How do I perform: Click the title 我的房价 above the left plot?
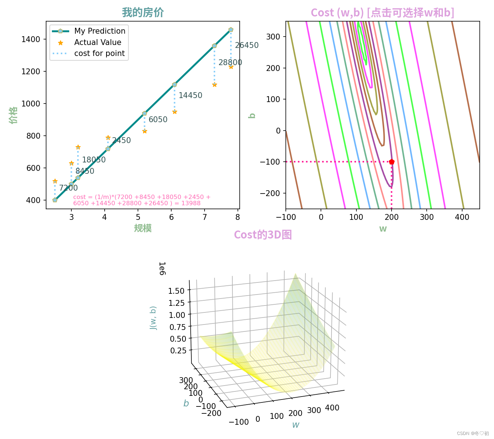tap(143, 13)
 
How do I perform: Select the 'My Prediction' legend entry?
tap(100, 31)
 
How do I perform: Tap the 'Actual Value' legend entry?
tap(97, 42)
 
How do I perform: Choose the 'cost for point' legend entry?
tap(99, 53)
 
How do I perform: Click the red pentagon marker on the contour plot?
tap(392, 162)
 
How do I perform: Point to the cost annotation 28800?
tap(230, 63)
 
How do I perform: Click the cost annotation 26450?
tap(247, 45)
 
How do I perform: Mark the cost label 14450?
tap(190, 95)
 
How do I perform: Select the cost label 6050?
tap(158, 120)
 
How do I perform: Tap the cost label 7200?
tap(68, 188)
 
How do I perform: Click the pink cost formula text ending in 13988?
tap(142, 200)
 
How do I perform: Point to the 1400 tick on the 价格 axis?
tap(31, 40)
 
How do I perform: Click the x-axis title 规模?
tap(143, 228)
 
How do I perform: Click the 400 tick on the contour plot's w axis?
tap(462, 217)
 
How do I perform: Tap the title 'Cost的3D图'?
tap(263, 235)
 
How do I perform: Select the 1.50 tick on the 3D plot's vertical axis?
tap(176, 291)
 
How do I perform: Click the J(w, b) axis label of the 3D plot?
tap(153, 318)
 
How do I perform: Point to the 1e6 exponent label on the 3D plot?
tap(162, 269)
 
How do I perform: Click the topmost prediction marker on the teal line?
tap(231, 30)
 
